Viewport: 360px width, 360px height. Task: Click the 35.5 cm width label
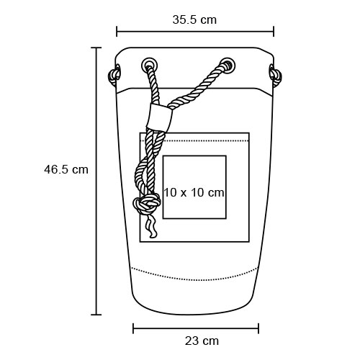click(194, 19)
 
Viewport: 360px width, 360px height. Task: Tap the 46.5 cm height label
click(66, 170)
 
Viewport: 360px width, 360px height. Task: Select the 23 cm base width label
click(202, 341)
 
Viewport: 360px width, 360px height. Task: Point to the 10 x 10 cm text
click(194, 192)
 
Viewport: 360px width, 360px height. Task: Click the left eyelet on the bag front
click(150, 65)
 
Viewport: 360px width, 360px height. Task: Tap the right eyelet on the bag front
click(228, 65)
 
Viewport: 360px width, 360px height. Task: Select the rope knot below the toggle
click(147, 204)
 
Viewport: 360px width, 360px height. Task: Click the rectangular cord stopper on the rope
click(159, 117)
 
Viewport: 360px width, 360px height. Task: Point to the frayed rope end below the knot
click(151, 225)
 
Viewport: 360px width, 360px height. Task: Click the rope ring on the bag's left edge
click(114, 75)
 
